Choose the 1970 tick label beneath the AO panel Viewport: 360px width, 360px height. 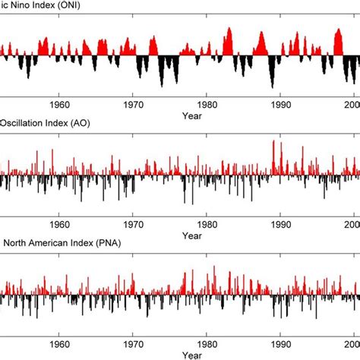[134, 224]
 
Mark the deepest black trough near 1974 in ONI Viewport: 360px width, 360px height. [161, 87]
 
